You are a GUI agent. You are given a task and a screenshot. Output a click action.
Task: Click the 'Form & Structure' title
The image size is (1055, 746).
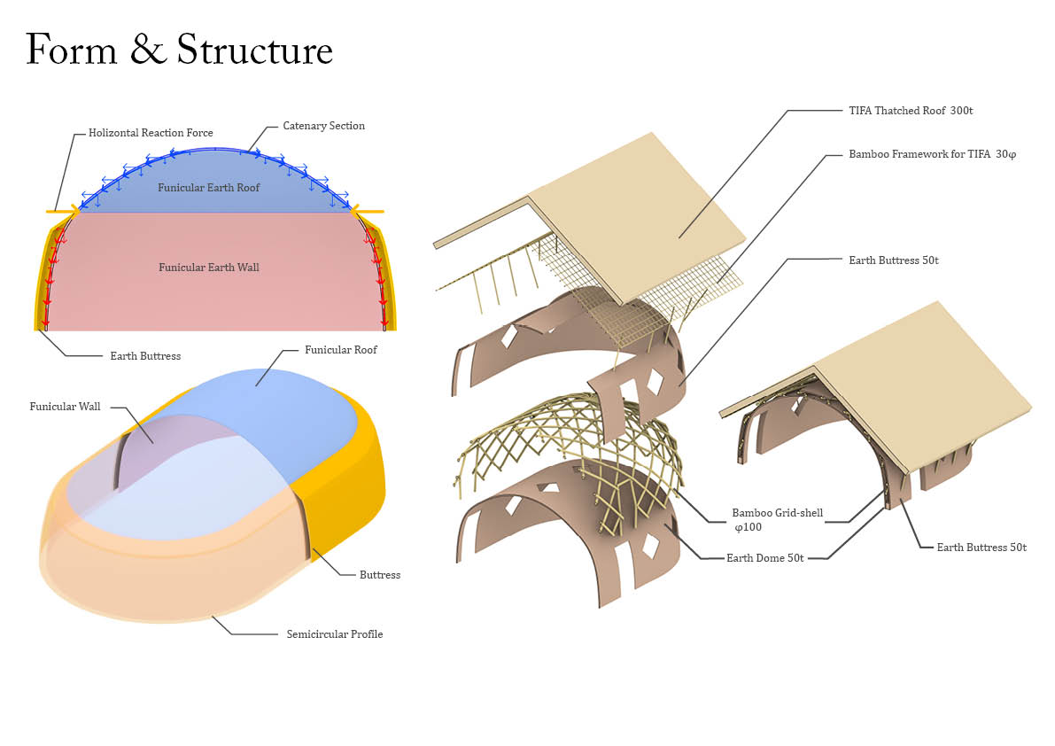(x=180, y=51)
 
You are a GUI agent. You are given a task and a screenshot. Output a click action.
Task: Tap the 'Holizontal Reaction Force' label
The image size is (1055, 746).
(x=151, y=133)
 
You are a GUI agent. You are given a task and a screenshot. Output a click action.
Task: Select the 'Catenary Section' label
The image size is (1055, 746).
(x=323, y=126)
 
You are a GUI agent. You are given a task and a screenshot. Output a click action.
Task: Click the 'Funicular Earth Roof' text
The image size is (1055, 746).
(x=209, y=188)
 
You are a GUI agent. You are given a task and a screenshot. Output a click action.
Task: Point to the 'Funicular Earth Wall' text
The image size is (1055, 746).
(x=209, y=267)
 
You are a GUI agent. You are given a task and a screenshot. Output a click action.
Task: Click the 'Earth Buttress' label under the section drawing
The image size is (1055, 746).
(x=145, y=356)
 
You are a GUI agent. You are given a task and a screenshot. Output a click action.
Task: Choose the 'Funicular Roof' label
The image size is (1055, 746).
(x=341, y=350)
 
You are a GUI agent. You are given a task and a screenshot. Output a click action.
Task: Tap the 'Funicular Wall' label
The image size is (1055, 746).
(x=65, y=407)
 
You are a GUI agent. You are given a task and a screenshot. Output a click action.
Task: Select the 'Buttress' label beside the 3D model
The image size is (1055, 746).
(x=379, y=575)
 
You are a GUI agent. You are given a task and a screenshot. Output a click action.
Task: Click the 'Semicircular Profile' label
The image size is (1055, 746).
(x=334, y=634)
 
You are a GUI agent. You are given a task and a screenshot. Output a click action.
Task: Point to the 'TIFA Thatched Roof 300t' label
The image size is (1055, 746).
(x=911, y=111)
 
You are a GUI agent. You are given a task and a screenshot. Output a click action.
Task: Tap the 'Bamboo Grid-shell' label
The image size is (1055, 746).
(x=777, y=513)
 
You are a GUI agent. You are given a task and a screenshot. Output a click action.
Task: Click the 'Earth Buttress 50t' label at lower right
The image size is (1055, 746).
(x=981, y=548)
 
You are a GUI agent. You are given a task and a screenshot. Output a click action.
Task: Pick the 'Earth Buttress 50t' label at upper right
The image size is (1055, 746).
(x=893, y=260)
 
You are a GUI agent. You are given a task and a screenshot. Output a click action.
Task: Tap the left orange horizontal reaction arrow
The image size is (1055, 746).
(x=62, y=212)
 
